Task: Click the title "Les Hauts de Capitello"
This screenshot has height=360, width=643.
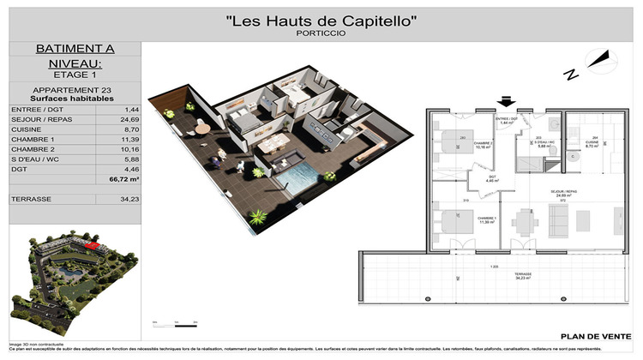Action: pyautogui.click(x=321, y=20)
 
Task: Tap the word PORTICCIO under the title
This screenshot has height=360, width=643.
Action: pyautogui.click(x=321, y=34)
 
